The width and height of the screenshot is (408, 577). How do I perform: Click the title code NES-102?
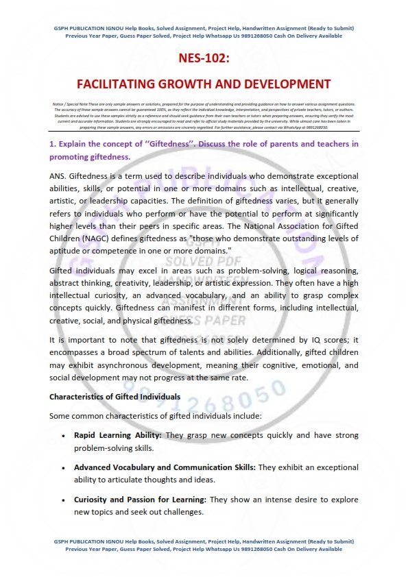203,59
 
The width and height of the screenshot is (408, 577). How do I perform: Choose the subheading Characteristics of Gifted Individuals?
115,397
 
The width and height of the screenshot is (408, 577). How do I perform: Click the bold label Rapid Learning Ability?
117,435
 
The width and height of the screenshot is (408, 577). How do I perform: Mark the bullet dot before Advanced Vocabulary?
63,467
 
